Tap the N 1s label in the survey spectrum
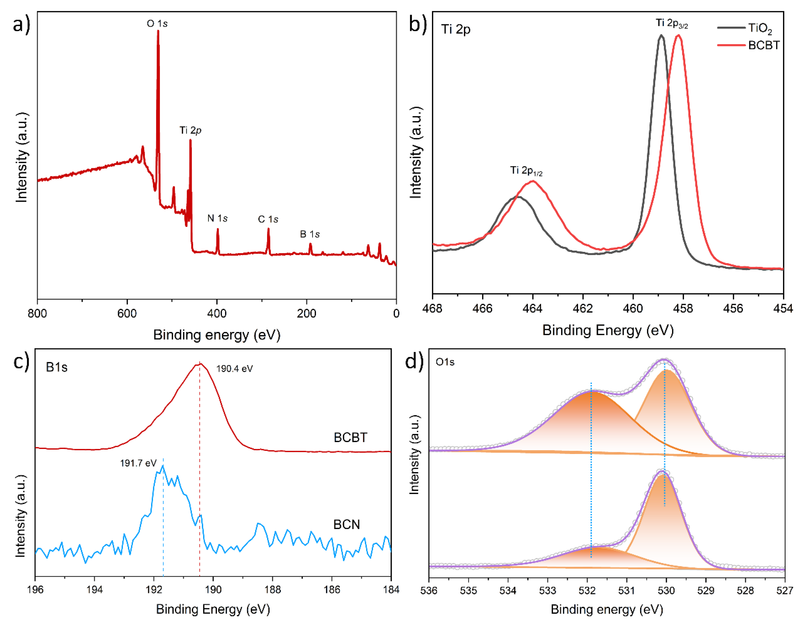pos(217,218)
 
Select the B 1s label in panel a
pos(310,234)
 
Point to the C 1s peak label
pos(268,220)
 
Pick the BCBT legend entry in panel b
pos(763,45)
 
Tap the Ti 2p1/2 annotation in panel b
pos(526,171)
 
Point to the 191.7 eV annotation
pos(138,463)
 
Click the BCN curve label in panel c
pos(346,524)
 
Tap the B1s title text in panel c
pos(56,367)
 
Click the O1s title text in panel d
pos(445,362)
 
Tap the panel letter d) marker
pos(414,361)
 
